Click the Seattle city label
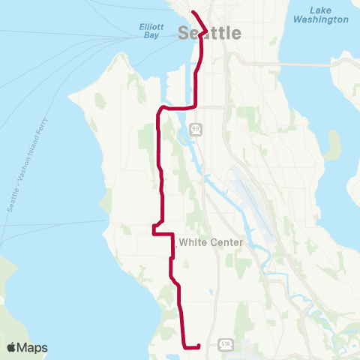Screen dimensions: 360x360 pos(199,34)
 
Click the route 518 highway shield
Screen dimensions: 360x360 pos(225,343)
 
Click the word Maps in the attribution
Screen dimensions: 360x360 pos(34,347)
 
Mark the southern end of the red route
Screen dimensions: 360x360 pos(199,346)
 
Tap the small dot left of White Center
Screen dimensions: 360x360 pos(175,242)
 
